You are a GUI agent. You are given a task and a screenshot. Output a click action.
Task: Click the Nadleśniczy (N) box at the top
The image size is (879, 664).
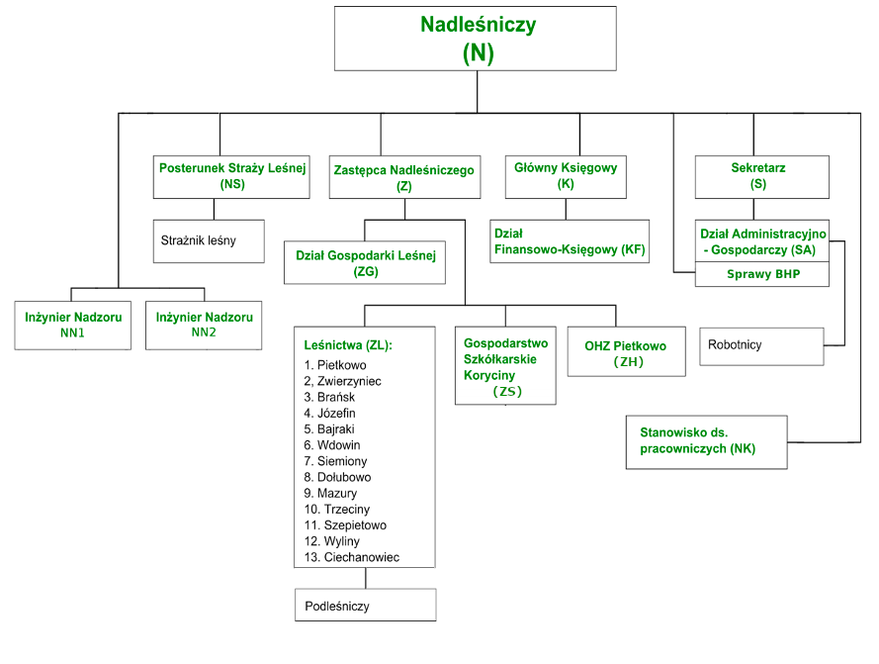(x=476, y=39)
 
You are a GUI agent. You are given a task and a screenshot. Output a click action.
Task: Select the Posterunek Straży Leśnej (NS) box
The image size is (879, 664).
(x=231, y=177)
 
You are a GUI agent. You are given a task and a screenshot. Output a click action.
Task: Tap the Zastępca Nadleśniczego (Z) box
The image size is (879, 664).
(x=404, y=177)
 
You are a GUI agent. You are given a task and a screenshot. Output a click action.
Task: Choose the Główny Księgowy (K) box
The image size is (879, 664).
(x=566, y=177)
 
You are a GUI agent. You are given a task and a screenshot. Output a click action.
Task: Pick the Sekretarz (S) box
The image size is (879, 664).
(x=762, y=177)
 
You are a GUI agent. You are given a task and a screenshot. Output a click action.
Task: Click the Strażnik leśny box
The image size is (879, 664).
(x=209, y=241)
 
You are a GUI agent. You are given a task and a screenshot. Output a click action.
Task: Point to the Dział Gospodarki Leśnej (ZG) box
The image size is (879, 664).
(x=365, y=262)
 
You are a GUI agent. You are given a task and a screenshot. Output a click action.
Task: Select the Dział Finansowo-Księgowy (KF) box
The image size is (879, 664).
(x=570, y=241)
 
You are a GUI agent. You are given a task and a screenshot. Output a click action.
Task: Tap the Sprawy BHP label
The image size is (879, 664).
(x=763, y=274)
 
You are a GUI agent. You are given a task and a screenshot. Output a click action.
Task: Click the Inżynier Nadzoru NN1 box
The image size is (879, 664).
(x=73, y=325)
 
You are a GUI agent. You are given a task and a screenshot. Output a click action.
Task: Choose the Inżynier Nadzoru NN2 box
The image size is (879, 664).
(x=204, y=325)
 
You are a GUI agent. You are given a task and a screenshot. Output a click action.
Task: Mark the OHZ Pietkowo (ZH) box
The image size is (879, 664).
(x=626, y=351)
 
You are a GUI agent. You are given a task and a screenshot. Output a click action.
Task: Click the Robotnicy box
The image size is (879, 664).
(x=762, y=346)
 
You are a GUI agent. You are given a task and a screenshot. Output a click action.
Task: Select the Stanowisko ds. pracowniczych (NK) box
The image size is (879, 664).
(x=706, y=442)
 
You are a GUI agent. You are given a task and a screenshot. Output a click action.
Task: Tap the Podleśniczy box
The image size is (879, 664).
(x=366, y=605)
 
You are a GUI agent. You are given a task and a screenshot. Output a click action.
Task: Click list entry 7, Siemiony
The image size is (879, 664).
(x=335, y=461)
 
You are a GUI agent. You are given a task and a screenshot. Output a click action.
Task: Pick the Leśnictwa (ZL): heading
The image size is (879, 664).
(x=348, y=345)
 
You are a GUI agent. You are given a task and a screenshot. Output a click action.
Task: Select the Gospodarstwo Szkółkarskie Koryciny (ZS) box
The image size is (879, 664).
(x=505, y=365)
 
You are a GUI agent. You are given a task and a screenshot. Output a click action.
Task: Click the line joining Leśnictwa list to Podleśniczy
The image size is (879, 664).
(x=366, y=578)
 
